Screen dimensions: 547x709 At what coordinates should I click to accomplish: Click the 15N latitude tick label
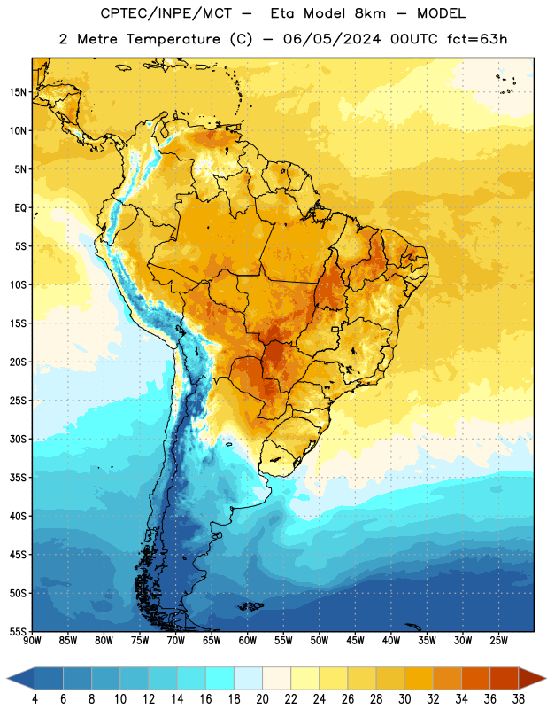pos(18,92)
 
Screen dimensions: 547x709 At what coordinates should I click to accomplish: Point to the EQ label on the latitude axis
pos(20,208)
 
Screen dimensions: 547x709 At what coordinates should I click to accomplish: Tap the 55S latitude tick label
pos(18,631)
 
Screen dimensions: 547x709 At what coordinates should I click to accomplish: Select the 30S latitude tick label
pos(18,439)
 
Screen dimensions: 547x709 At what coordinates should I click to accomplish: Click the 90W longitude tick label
pos(33,640)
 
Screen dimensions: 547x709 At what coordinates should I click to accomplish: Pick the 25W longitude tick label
pos(498,640)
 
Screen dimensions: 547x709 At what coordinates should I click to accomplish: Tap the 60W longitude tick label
pos(248,640)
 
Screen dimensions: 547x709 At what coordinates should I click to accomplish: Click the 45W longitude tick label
pos(356,640)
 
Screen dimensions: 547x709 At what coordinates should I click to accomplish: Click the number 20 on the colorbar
pos(262,699)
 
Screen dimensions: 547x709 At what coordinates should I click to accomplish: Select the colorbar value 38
pos(519,699)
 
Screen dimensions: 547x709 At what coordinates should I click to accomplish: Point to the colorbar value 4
pos(35,699)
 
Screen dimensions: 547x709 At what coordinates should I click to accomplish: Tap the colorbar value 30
pos(404,699)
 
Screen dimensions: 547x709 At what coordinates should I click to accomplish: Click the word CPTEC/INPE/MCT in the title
pos(166,13)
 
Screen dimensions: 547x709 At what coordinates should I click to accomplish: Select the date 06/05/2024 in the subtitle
pos(332,39)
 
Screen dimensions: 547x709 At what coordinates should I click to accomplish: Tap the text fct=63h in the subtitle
pos(477,39)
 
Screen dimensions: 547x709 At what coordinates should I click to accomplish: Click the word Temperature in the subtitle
pos(173,39)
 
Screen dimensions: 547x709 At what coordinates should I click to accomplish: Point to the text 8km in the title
pos(370,13)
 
